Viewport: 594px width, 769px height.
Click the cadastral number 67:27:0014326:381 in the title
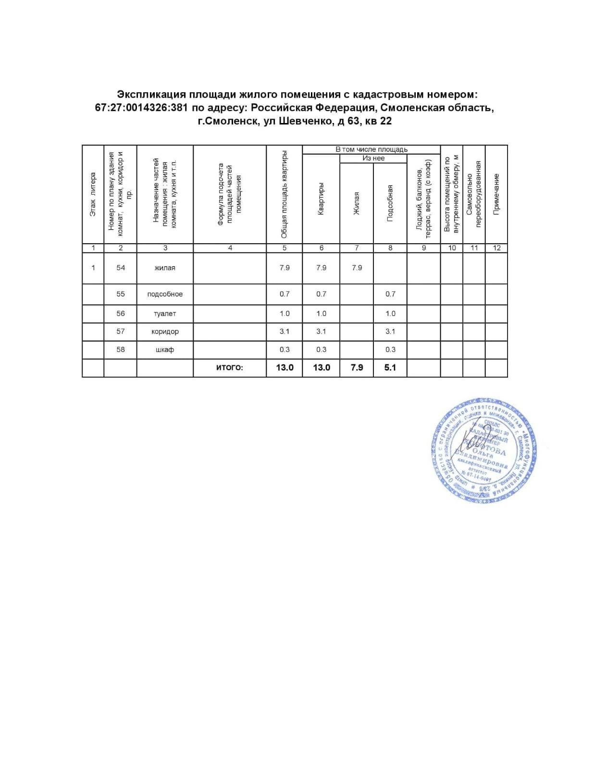141,108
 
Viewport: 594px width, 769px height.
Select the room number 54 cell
121,268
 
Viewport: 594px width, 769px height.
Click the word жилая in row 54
165,268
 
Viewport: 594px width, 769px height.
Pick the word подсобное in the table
165,294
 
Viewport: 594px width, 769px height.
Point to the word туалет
165,313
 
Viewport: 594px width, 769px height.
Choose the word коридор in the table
165,332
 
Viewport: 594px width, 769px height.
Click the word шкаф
165,350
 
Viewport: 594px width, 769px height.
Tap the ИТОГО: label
230,368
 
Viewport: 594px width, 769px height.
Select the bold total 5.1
390,368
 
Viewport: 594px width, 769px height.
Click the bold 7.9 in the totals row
357,368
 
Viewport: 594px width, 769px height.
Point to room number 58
121,350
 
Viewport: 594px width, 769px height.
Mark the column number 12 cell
497,248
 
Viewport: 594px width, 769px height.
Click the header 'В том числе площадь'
371,149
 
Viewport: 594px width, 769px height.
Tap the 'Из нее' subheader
373,158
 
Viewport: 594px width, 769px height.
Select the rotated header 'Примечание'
497,194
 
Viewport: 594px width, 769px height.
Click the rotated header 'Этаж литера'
93,194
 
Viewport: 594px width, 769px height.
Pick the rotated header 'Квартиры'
321,198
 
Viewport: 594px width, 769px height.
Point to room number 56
121,313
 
